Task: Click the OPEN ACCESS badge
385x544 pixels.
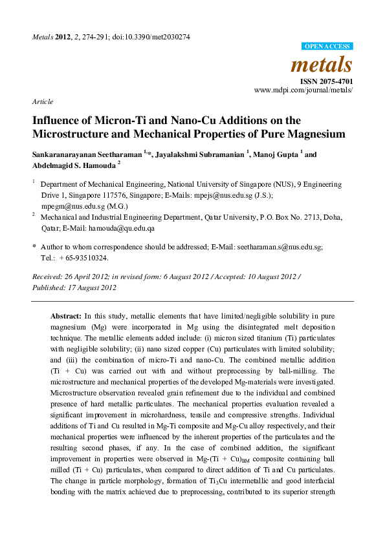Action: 327,47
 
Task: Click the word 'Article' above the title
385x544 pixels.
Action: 41,102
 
